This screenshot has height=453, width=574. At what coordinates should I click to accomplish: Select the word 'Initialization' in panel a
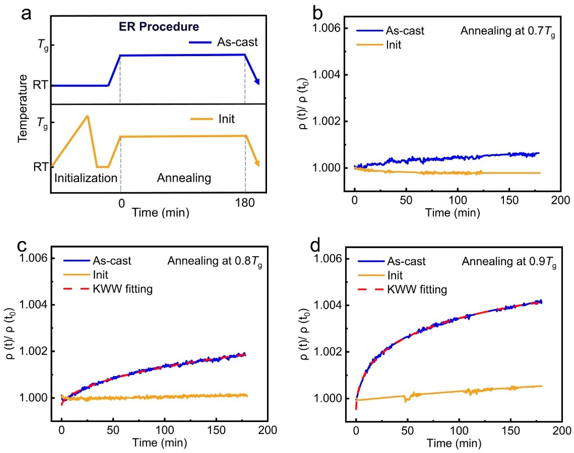(86, 178)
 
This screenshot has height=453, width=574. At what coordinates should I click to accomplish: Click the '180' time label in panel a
(245, 203)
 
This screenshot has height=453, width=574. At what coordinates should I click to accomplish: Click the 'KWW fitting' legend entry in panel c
(123, 289)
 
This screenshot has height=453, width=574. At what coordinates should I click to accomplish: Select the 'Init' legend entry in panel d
(395, 275)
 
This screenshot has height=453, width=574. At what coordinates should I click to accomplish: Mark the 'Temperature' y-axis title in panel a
(23, 109)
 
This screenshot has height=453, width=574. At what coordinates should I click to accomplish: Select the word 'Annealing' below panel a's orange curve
(184, 178)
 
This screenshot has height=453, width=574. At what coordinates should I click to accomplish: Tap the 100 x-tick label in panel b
(458, 200)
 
